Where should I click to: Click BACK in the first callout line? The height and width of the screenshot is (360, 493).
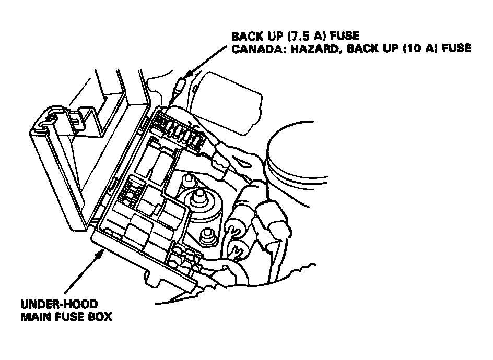[x=248, y=36]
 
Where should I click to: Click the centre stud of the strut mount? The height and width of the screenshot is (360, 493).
[x=199, y=198]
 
